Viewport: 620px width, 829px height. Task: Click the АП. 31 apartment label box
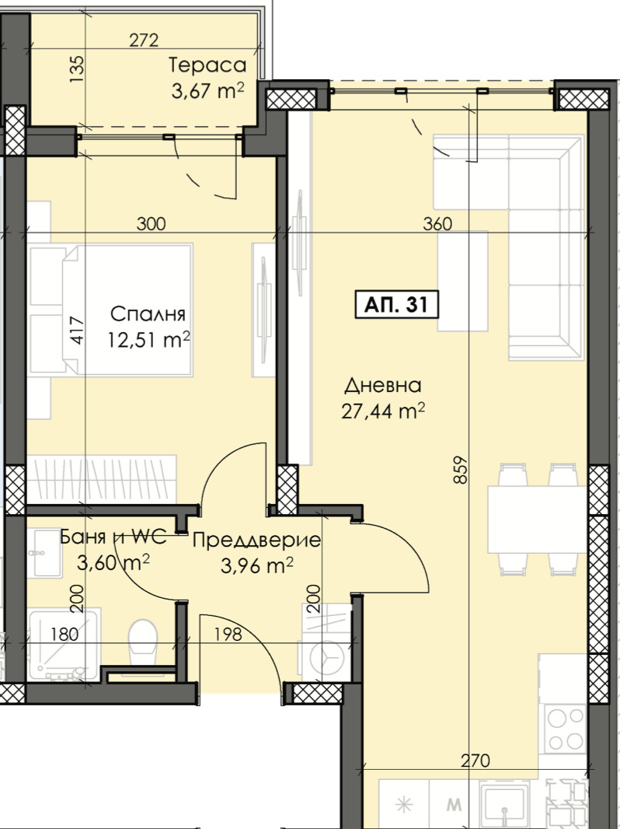[x=397, y=305]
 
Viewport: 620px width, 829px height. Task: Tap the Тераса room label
[x=207, y=65]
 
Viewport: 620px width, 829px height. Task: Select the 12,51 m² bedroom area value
[x=149, y=339]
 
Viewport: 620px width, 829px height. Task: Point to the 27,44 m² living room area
[x=383, y=411]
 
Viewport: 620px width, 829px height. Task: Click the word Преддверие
[x=256, y=540]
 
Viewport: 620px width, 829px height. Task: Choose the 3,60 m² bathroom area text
[x=113, y=562]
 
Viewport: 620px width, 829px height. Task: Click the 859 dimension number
[x=461, y=470]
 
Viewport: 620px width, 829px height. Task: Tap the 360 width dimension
[x=437, y=224]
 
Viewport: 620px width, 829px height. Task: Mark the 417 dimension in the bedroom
[x=77, y=331]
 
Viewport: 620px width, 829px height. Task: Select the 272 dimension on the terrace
[x=145, y=40]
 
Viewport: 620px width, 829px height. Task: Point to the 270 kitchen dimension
[x=475, y=761]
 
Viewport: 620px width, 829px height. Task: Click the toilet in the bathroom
[x=143, y=641]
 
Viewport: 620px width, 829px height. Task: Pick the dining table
[x=537, y=519]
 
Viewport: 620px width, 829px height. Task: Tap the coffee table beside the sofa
[x=462, y=282]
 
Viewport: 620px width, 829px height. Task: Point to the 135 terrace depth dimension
[x=77, y=68]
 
